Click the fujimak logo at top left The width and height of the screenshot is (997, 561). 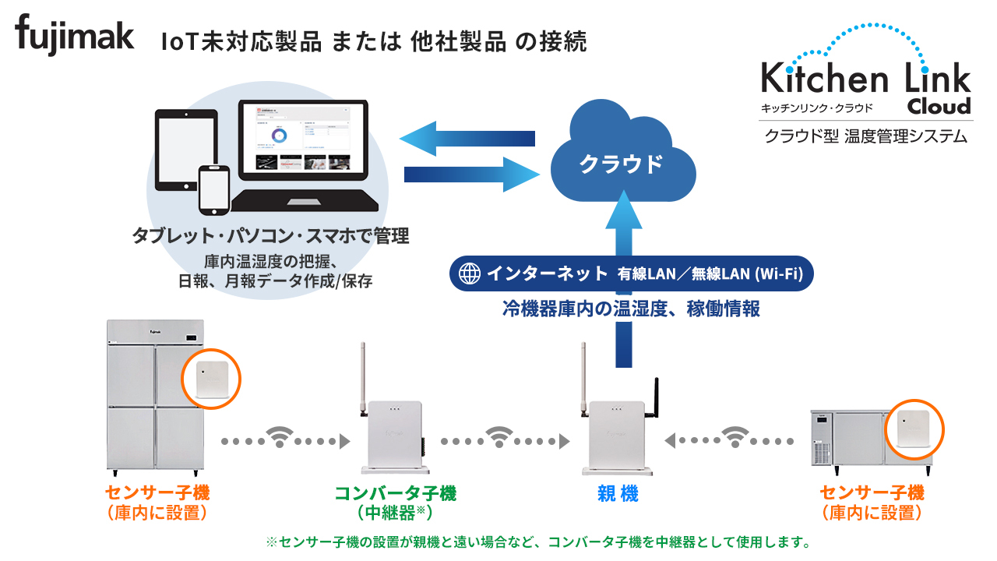[x=75, y=36]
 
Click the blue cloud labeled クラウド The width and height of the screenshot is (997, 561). [x=621, y=156]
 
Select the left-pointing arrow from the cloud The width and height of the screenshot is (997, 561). [x=467, y=139]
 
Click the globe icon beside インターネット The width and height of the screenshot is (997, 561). [x=470, y=273]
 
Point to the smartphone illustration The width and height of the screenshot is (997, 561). [x=213, y=189]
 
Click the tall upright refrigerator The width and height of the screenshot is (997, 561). [x=154, y=397]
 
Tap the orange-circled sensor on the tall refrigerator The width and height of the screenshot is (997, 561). [x=211, y=380]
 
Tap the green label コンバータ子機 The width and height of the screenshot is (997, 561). [x=395, y=493]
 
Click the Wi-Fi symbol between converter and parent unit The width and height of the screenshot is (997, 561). [x=499, y=438]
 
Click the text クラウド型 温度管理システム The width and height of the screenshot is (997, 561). [x=865, y=136]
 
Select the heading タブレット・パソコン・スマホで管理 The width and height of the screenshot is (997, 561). [x=270, y=236]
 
